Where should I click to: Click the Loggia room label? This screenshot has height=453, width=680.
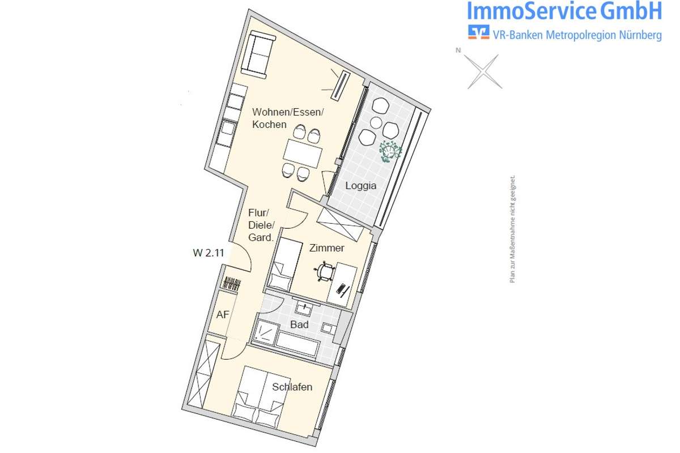[x=360, y=186]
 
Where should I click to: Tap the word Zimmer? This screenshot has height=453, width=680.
[x=326, y=248]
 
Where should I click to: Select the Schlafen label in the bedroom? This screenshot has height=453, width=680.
[x=292, y=387]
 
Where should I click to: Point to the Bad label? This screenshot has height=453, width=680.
[x=299, y=324]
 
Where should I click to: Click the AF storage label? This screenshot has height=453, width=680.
[x=223, y=315]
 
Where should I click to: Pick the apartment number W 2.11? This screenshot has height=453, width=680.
[x=209, y=253]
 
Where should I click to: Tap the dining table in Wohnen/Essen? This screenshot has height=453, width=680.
[x=303, y=153]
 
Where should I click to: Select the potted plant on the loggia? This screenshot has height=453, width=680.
[x=390, y=151]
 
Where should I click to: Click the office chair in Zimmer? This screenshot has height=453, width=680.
[x=325, y=271]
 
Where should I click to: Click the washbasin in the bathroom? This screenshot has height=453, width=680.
[x=303, y=308]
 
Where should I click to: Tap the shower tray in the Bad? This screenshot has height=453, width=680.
[x=266, y=332]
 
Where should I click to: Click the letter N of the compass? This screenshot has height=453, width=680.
[x=458, y=50]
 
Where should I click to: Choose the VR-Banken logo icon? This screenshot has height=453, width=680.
[x=478, y=32]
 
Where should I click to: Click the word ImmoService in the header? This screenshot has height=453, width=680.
[x=532, y=11]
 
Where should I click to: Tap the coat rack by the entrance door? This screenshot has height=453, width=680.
[x=232, y=283]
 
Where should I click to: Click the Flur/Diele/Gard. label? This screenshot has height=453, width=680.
[x=261, y=225]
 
